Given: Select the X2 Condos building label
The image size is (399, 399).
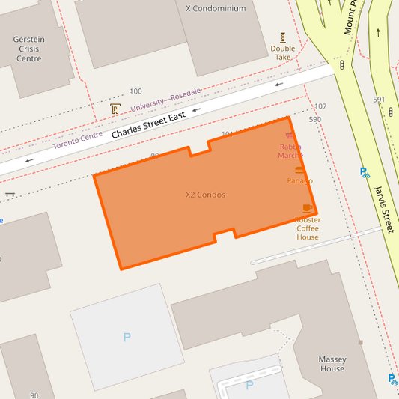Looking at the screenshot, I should [205, 195].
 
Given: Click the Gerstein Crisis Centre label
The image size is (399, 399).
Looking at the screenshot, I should [28, 49].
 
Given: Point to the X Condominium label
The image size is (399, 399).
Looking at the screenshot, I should [216, 8].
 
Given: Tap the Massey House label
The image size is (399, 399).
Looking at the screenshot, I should [332, 364].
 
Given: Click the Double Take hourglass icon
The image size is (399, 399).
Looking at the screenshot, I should [283, 37].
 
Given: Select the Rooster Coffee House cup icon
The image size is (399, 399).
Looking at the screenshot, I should [307, 208].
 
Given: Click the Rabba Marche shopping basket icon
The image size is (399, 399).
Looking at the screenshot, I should [290, 136].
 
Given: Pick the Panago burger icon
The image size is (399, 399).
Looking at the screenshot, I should [299, 170].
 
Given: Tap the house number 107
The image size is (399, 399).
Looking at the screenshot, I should [320, 106].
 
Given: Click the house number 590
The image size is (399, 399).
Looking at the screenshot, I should [314, 119].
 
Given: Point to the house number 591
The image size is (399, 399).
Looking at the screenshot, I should [379, 100].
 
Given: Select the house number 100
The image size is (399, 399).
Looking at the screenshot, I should [135, 91].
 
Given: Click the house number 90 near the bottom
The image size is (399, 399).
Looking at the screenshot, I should [34, 395].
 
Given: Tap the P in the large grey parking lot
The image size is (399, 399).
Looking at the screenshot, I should [127, 338].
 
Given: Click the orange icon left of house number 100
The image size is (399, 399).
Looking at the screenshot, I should [115, 109].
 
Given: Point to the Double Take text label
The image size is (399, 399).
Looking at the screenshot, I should [283, 53].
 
